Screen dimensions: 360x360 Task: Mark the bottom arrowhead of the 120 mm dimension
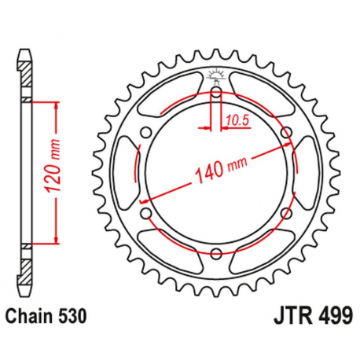tap(57, 242)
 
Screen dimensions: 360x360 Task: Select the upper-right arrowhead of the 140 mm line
tap(284, 148)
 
